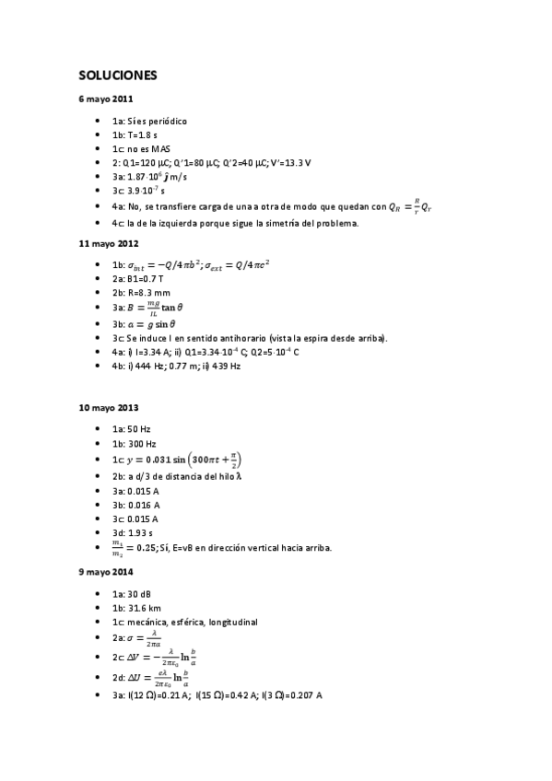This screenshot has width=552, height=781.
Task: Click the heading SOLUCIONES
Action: pos(117,75)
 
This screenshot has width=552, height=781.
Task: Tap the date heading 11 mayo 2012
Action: pos(109,243)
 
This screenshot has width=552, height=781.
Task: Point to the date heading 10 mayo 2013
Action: pos(109,406)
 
